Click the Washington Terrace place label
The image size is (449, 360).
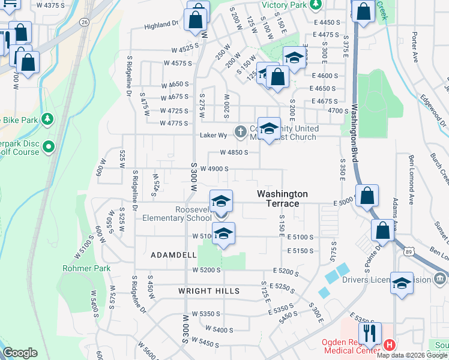click(x=282, y=199)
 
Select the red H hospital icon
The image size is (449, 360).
click(x=390, y=345)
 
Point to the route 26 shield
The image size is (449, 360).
click(x=83, y=22)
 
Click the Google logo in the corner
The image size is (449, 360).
click(x=20, y=353)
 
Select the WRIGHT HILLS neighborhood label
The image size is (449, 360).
click(x=209, y=291)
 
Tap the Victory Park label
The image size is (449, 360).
click(x=285, y=5)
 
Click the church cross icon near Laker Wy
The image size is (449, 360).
click(x=240, y=131)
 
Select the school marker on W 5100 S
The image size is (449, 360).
click(x=223, y=234)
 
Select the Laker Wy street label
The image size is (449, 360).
click(x=213, y=136)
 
